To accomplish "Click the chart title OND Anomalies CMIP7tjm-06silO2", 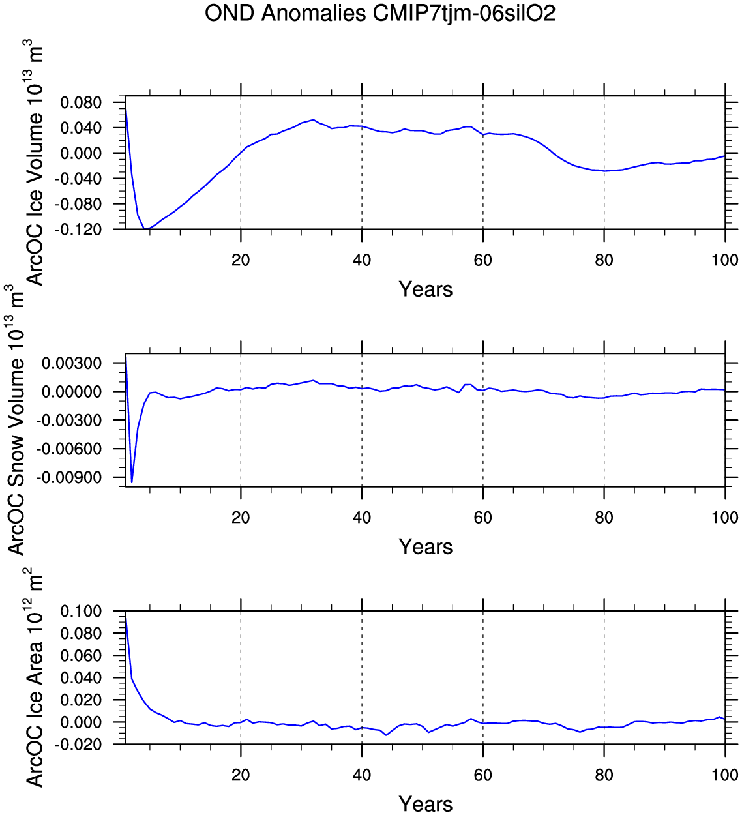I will click(x=379, y=13).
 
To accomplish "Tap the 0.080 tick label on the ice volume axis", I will click(x=82, y=103).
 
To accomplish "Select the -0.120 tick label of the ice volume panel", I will click(x=80, y=230).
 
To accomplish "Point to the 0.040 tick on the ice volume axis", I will click(x=82, y=128).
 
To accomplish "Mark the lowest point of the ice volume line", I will click(x=145, y=229).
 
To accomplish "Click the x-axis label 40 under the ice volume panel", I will click(x=362, y=260).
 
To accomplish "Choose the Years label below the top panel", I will click(x=425, y=289).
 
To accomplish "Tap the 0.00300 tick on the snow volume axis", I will click(x=72, y=363).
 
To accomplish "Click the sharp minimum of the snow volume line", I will click(x=132, y=482).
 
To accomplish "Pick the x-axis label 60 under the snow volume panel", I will click(x=482, y=518).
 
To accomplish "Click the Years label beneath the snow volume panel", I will click(x=425, y=547).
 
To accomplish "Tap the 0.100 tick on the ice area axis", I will click(x=82, y=612).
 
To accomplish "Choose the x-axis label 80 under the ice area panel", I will click(x=604, y=775).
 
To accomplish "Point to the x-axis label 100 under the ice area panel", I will click(x=724, y=775).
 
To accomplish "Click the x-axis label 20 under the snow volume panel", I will click(x=241, y=518).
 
